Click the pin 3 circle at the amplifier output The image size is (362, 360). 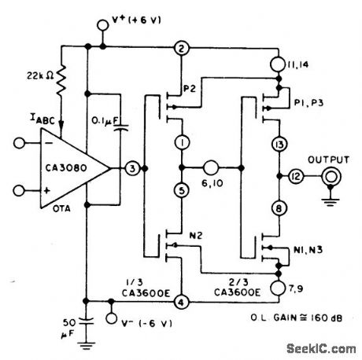(134, 167)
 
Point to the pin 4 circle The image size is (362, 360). (182, 300)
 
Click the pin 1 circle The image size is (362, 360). (182, 144)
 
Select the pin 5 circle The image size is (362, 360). (182, 190)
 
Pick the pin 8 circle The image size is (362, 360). (279, 208)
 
